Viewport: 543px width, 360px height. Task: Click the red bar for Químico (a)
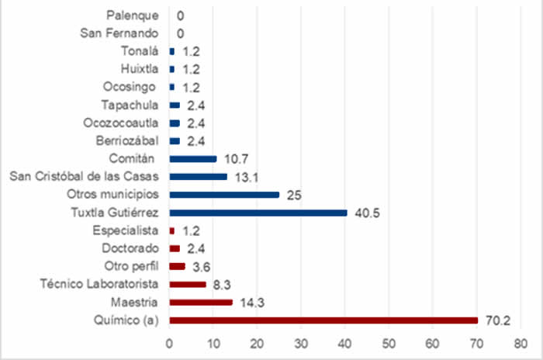[323, 320]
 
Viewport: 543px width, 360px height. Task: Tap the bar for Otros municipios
[223, 195]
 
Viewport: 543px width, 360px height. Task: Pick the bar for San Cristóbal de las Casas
[198, 176]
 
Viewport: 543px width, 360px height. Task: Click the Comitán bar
[192, 158]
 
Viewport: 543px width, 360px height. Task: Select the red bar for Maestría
[200, 302]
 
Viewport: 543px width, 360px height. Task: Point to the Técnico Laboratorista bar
[187, 284]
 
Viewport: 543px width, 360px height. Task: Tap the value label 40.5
[365, 213]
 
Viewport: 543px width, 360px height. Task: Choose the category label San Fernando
[119, 33]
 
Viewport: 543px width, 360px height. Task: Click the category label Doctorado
[130, 248]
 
